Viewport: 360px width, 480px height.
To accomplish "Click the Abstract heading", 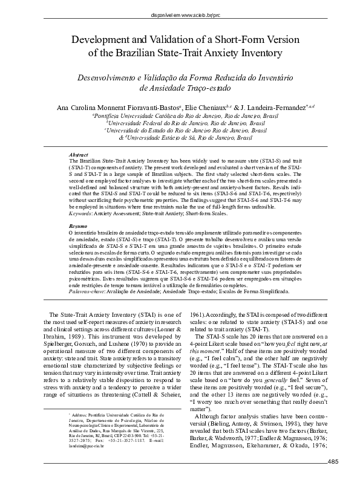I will coord(80,155).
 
